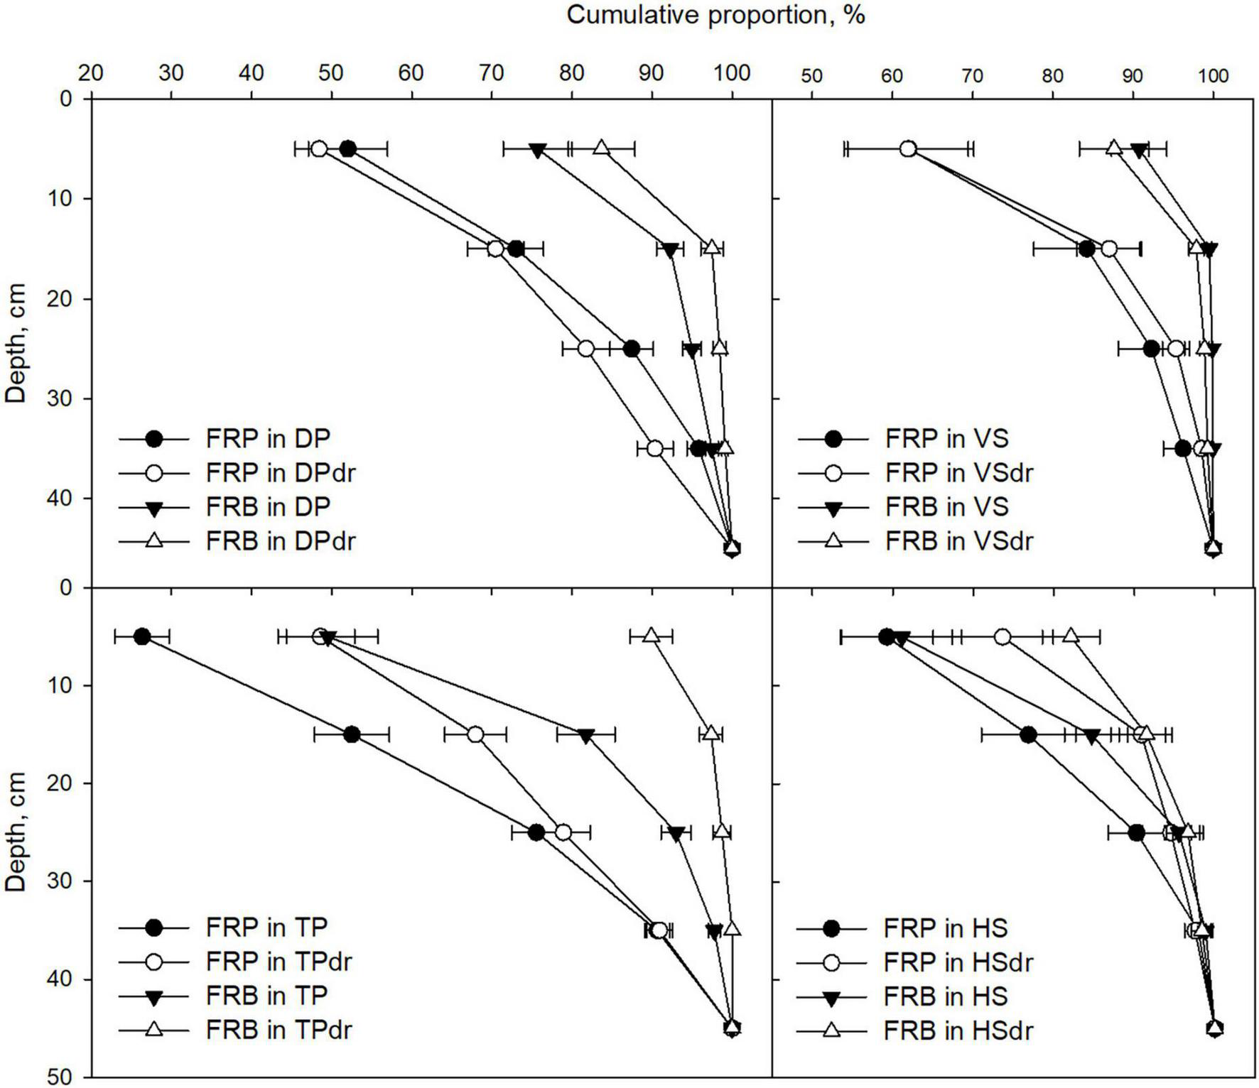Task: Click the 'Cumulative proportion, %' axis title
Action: (x=715, y=15)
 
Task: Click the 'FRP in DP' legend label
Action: (x=268, y=439)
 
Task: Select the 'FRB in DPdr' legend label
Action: (x=280, y=541)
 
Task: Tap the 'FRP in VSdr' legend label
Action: (x=958, y=473)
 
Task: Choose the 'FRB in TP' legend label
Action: (x=266, y=996)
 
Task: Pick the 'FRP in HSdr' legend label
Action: (x=958, y=962)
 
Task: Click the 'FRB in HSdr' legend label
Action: (x=958, y=1030)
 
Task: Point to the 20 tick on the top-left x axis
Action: (x=90, y=73)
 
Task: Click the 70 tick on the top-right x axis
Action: (x=972, y=76)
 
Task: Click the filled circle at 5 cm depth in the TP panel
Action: (x=142, y=636)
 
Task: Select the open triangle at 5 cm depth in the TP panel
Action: (x=651, y=635)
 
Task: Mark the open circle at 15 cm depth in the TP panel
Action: (x=475, y=734)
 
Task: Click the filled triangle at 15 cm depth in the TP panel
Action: (x=585, y=736)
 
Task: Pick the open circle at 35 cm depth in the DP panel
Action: (x=655, y=449)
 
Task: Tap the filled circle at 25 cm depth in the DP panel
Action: (x=631, y=349)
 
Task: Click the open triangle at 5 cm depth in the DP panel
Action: (x=602, y=148)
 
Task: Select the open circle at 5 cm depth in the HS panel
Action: (x=1003, y=637)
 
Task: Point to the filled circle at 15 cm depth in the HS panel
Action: (x=1028, y=735)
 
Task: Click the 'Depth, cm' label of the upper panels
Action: (x=16, y=344)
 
